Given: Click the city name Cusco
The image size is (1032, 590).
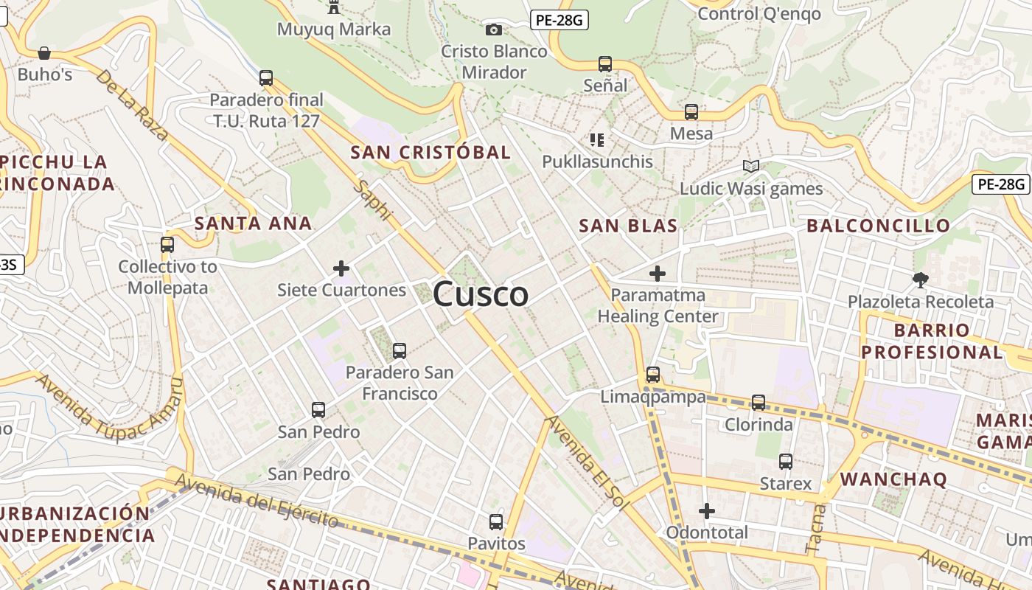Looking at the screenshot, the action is pyautogui.click(x=481, y=295).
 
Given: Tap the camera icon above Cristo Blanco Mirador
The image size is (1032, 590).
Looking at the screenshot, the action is pyautogui.click(x=494, y=29).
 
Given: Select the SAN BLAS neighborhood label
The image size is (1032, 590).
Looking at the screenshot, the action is pyautogui.click(x=628, y=226).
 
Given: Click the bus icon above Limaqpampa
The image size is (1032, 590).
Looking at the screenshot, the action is pyautogui.click(x=653, y=375).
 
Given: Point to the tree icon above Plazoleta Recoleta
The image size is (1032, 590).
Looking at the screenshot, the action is pyautogui.click(x=920, y=280).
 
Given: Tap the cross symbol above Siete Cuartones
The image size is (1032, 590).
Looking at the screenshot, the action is pyautogui.click(x=341, y=268).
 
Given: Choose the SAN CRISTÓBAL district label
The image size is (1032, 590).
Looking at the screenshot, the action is pyautogui.click(x=430, y=153).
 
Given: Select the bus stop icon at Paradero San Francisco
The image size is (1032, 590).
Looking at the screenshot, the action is pyautogui.click(x=400, y=351).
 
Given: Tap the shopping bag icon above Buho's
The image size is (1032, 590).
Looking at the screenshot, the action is pyautogui.click(x=44, y=53).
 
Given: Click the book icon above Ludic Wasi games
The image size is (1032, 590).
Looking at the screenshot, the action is pyautogui.click(x=750, y=167).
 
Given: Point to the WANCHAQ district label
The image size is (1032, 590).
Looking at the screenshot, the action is pyautogui.click(x=893, y=479).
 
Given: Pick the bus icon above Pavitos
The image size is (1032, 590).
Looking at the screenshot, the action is pyautogui.click(x=496, y=522).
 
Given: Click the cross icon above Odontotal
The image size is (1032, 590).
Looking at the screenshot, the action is pyautogui.click(x=707, y=510).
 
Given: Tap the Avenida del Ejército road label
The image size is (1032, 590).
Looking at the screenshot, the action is pyautogui.click(x=257, y=502).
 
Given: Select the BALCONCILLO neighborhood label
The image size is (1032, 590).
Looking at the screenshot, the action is pyautogui.click(x=879, y=226).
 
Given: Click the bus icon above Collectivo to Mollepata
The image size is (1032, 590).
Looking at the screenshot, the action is pyautogui.click(x=167, y=245).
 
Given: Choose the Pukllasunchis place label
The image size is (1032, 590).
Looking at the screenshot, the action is pyautogui.click(x=597, y=162).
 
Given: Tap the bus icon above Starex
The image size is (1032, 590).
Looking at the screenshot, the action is pyautogui.click(x=786, y=462).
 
